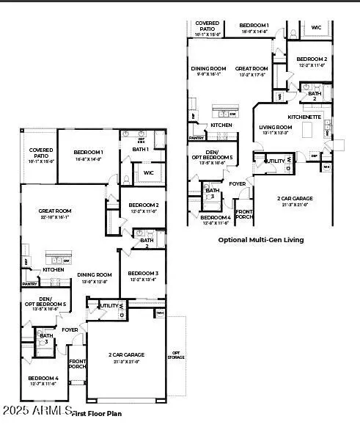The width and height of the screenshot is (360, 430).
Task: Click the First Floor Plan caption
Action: pos(96,413)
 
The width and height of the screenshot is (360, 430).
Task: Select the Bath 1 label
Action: pos(141,149)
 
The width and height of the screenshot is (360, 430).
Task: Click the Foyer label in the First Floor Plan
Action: pos(70,329)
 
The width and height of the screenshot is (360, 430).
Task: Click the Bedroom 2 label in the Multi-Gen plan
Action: pos(312,62)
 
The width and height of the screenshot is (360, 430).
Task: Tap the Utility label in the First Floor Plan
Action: pos(109,305)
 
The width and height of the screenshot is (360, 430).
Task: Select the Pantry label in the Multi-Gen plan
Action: pos(196,137)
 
